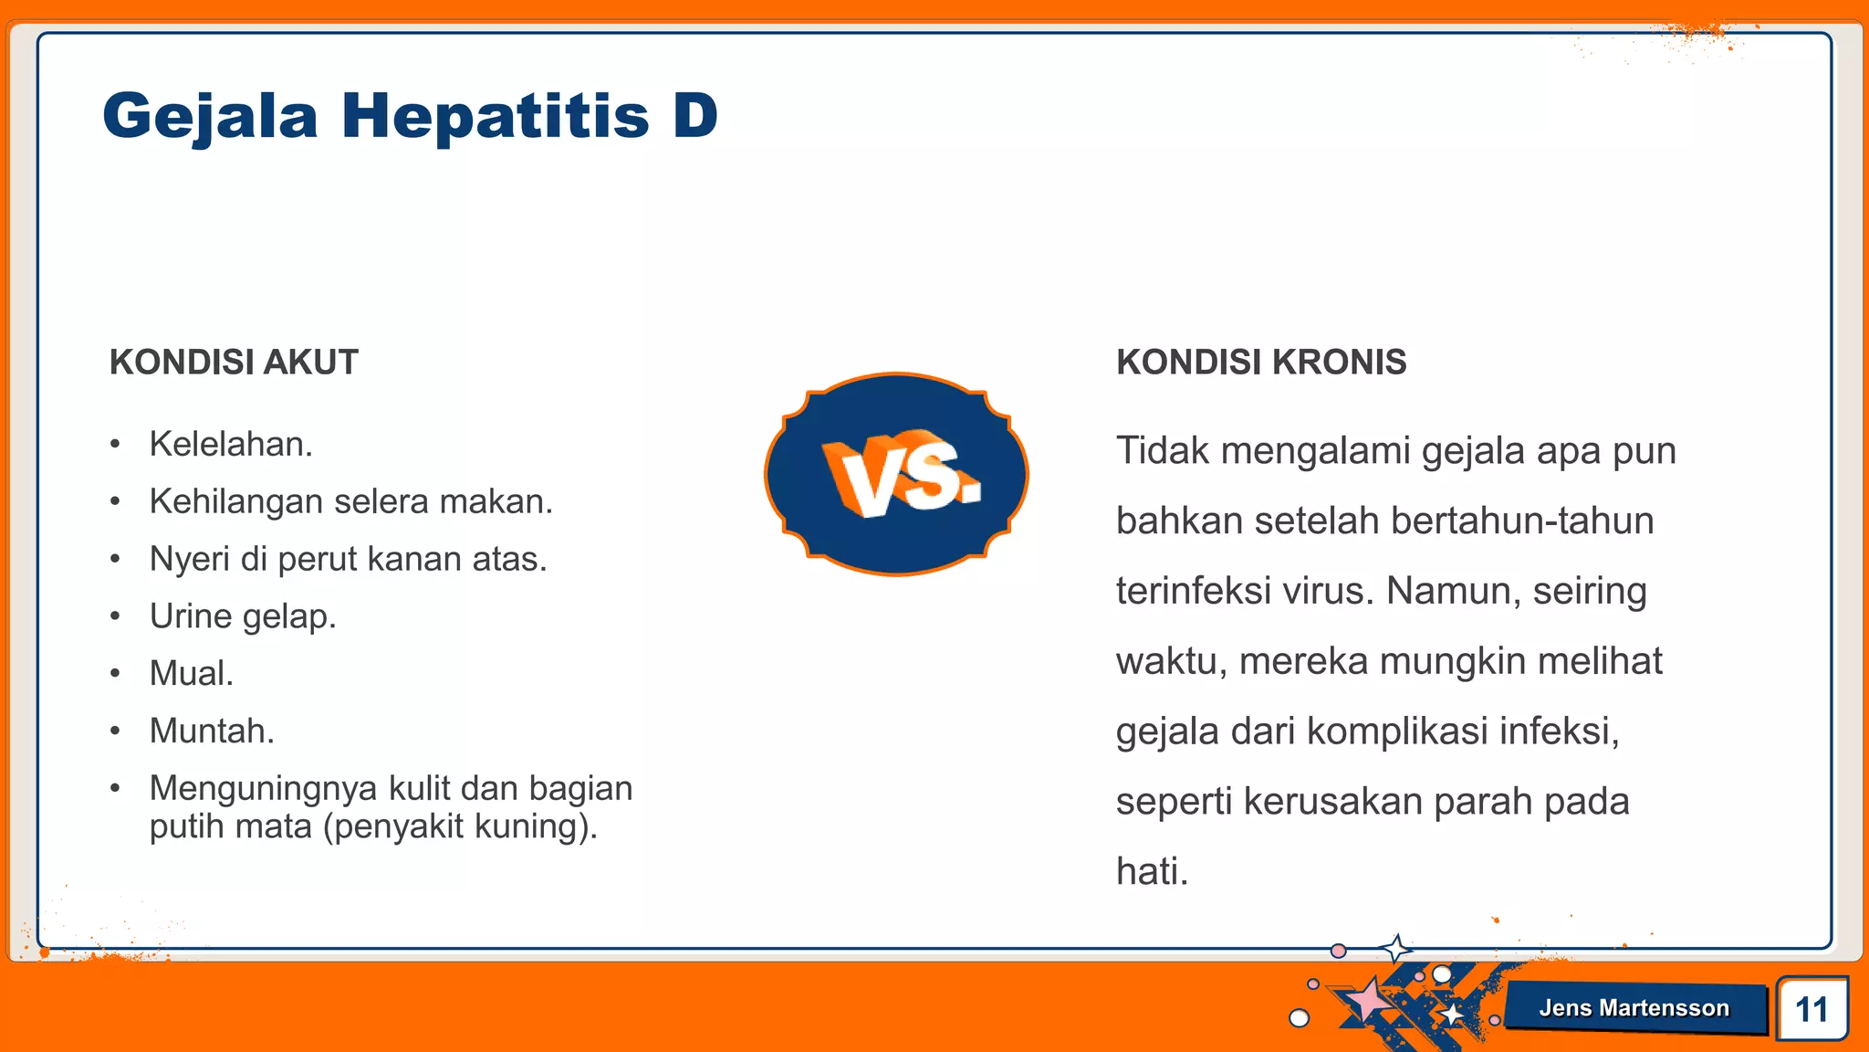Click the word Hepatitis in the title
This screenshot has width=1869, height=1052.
[496, 117]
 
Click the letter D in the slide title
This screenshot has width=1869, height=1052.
[695, 117]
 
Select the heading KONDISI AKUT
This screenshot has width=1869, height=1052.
[234, 363]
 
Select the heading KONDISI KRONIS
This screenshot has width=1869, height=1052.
[1261, 363]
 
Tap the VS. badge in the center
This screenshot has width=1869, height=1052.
[896, 474]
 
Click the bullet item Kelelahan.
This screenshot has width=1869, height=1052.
[231, 445]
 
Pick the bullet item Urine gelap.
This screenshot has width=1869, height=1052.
[243, 616]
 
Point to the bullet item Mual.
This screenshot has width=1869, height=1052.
[192, 674]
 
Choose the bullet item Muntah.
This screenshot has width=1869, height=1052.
[212, 731]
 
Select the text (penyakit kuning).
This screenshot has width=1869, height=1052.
[460, 826]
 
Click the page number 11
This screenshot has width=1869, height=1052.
[1812, 1009]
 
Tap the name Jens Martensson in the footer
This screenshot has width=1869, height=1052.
[1634, 1008]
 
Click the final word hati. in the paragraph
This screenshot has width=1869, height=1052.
[1152, 871]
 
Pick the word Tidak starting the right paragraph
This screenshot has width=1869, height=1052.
[1163, 451]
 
